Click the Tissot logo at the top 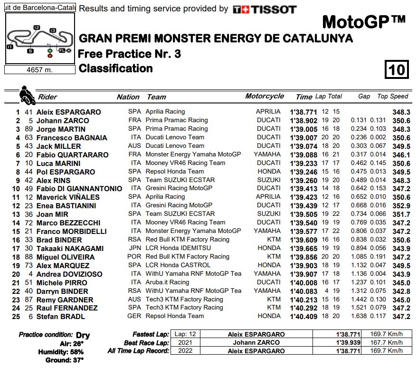pyautogui.click(x=265, y=9)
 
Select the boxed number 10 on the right pyautogui.click(x=396, y=70)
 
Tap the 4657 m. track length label pyautogui.click(x=39, y=69)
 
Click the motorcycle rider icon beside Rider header pyautogui.click(x=27, y=95)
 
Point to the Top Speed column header pyautogui.click(x=392, y=96)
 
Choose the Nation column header pyautogui.click(x=128, y=97)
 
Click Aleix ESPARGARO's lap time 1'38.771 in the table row pyautogui.click(x=303, y=112)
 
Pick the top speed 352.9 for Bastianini pyautogui.click(x=401, y=205)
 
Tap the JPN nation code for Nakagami pyautogui.click(x=134, y=248)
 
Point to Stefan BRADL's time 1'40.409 pyautogui.click(x=303, y=317)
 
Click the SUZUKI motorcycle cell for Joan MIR pyautogui.click(x=268, y=214)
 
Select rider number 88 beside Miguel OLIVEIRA pyautogui.click(x=29, y=257)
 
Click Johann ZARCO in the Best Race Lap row pyautogui.click(x=257, y=342)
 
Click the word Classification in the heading pyautogui.click(x=116, y=68)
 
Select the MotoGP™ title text pyautogui.click(x=364, y=21)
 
